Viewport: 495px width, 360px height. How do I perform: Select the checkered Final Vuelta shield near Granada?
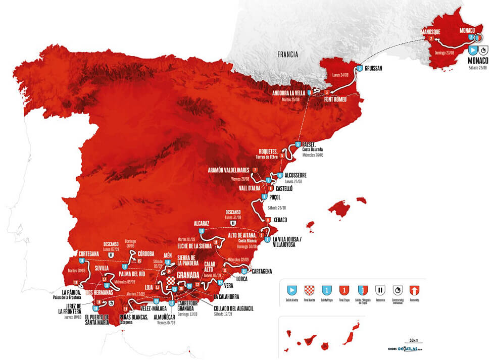click(171, 281)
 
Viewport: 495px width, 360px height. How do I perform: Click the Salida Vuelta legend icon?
click(291, 290)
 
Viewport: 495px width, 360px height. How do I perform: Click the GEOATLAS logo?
click(407, 349)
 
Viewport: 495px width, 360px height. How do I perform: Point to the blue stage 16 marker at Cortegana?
click(82, 261)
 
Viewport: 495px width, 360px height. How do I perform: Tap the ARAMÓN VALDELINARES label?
click(230, 170)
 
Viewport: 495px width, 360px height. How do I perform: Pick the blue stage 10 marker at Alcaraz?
click(202, 231)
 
